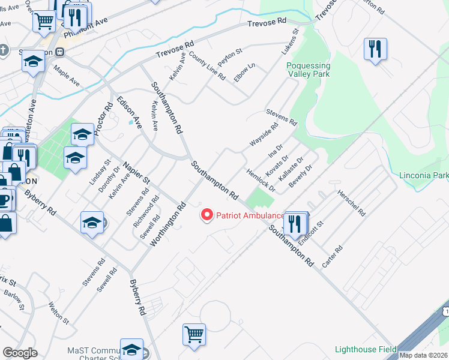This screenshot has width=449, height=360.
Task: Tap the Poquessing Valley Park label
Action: [x=309, y=70]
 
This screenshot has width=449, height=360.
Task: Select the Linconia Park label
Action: [x=424, y=176]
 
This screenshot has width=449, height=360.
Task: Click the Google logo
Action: [x=20, y=353]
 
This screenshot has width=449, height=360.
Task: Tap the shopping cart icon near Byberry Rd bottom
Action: [x=194, y=334]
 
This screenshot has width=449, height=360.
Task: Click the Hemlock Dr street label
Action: [x=261, y=180]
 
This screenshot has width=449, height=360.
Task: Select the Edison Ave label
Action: [x=129, y=113]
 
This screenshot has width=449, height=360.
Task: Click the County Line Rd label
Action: [x=207, y=66]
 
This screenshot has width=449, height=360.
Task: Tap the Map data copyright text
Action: [x=424, y=355]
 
